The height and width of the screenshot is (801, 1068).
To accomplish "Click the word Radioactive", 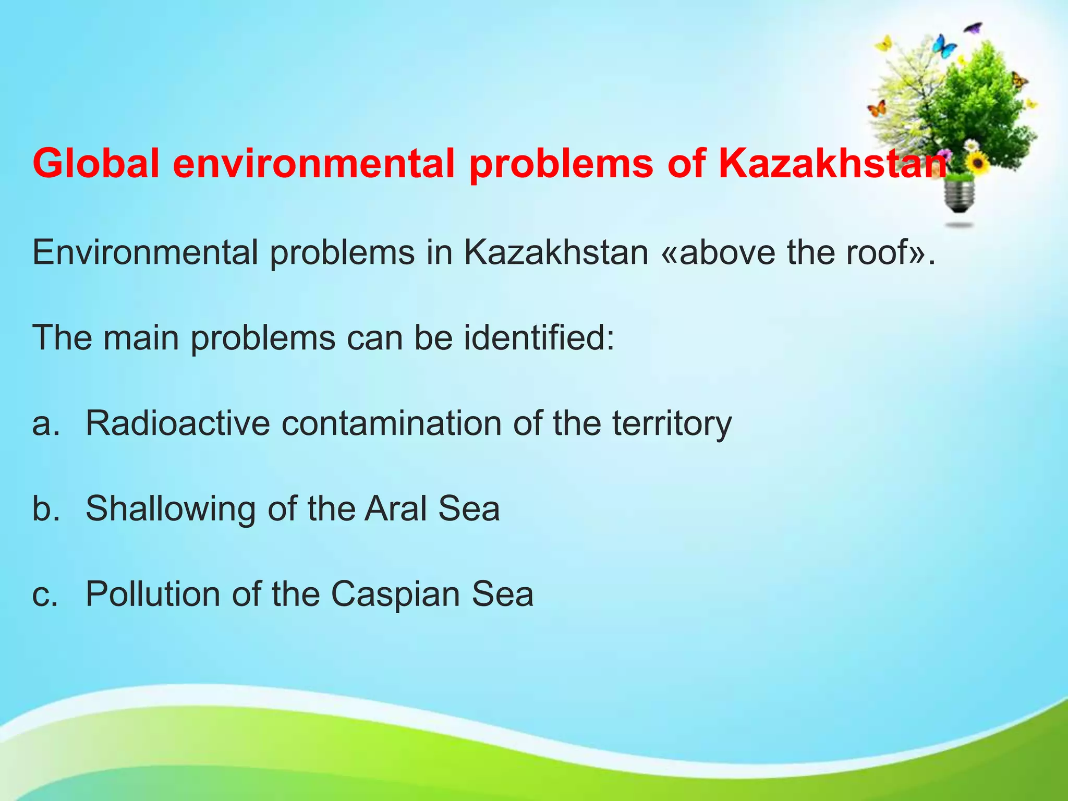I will click(178, 423).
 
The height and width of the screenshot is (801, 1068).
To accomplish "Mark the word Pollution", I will click(153, 594).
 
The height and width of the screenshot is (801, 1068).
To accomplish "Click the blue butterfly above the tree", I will click(944, 46).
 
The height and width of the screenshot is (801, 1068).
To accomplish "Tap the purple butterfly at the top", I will click(973, 28).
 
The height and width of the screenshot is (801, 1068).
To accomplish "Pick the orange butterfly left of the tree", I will click(877, 109).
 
